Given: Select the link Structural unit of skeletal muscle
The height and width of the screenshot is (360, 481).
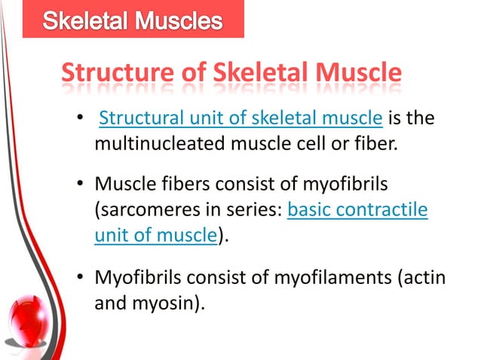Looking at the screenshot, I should point(242,119).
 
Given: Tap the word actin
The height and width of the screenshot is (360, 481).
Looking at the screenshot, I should point(426,279).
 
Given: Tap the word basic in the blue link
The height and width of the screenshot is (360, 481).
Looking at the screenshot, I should point(311,212).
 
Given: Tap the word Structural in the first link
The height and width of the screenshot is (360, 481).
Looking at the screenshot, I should point(136,119).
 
